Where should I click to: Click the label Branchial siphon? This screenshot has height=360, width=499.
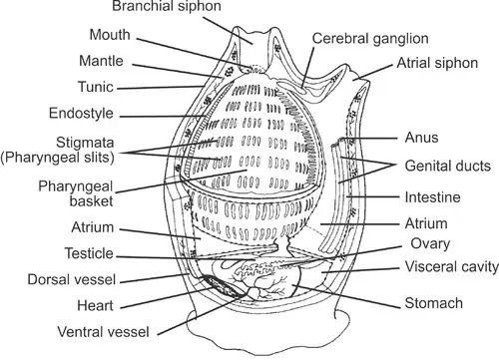tap(167, 6)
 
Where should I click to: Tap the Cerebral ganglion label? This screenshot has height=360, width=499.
tap(370, 39)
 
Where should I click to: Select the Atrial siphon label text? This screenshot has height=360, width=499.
tap(437, 63)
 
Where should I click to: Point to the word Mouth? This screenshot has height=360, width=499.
tap(110, 35)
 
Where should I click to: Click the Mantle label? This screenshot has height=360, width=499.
tap(101, 61)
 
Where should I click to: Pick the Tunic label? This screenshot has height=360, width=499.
tap(96, 87)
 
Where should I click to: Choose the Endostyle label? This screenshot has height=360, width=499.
tap(81, 114)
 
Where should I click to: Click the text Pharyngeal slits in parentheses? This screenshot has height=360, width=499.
tap(57, 158)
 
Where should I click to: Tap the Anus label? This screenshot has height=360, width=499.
tap(421, 138)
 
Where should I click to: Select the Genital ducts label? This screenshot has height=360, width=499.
tap(448, 166)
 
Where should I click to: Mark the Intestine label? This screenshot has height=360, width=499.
tap(433, 197)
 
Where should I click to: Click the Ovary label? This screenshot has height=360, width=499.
tap(430, 243)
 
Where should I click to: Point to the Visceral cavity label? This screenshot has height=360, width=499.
tap(452, 267)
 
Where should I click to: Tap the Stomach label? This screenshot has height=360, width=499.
tap(434, 303)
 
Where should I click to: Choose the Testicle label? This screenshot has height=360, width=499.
tap(89, 253)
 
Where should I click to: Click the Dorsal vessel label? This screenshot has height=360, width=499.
tap(72, 279)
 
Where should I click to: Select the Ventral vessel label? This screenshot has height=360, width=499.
tap(103, 332)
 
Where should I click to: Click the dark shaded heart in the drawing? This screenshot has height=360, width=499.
tap(224, 286)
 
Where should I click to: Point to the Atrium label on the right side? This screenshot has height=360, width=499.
tap(426, 223)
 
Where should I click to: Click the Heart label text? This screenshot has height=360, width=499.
tap(95, 305)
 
